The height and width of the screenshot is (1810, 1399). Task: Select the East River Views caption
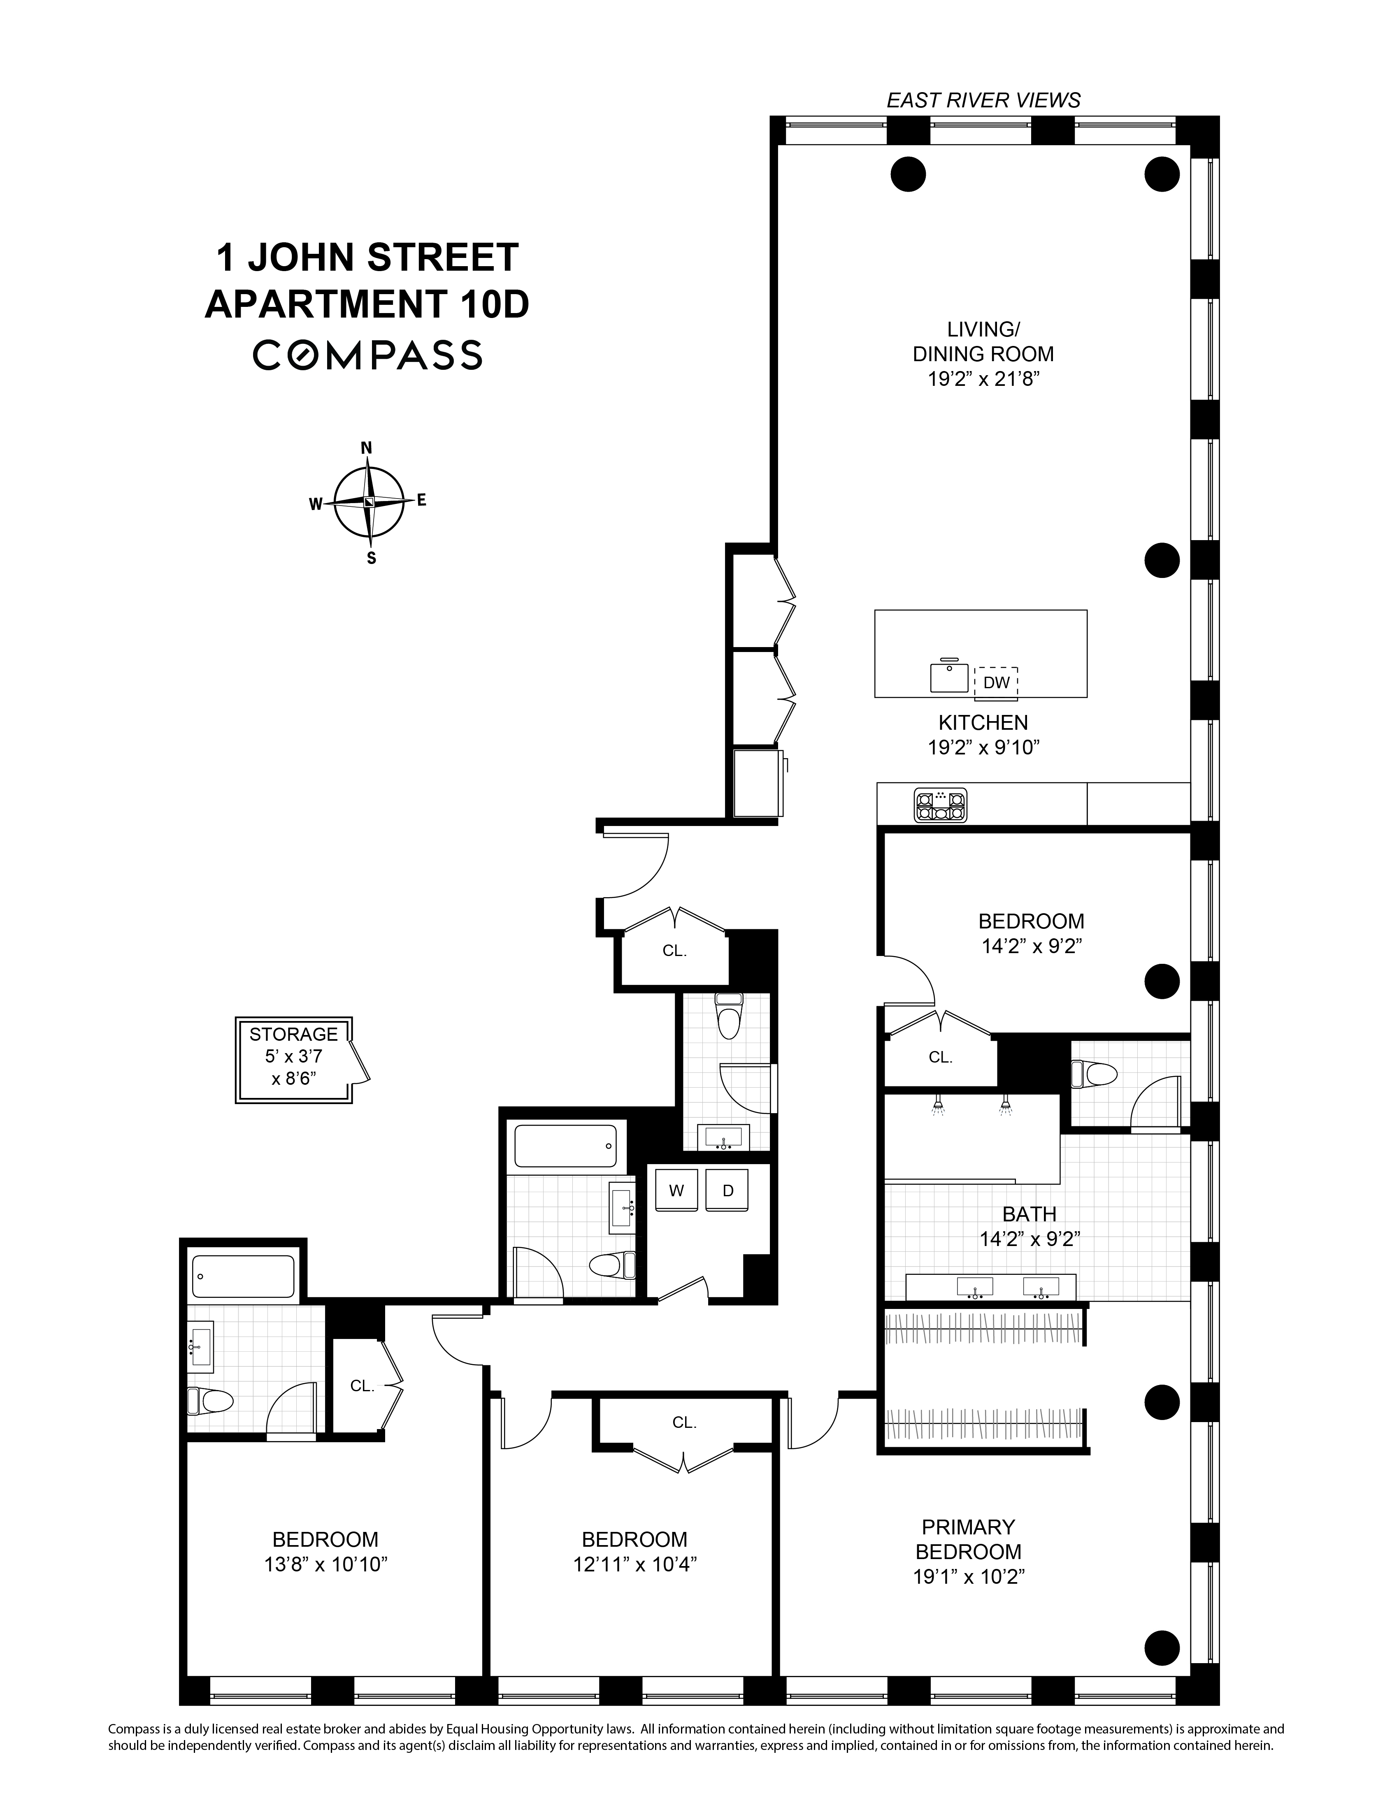(x=983, y=100)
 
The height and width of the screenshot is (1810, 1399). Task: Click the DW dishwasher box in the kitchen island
(x=996, y=682)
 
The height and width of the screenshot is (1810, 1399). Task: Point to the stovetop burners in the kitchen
(x=940, y=805)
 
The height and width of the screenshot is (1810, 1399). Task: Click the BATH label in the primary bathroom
(x=1029, y=1214)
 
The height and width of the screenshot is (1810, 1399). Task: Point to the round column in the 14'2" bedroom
(x=1161, y=981)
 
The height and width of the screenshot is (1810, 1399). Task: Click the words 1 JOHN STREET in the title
(x=367, y=258)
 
